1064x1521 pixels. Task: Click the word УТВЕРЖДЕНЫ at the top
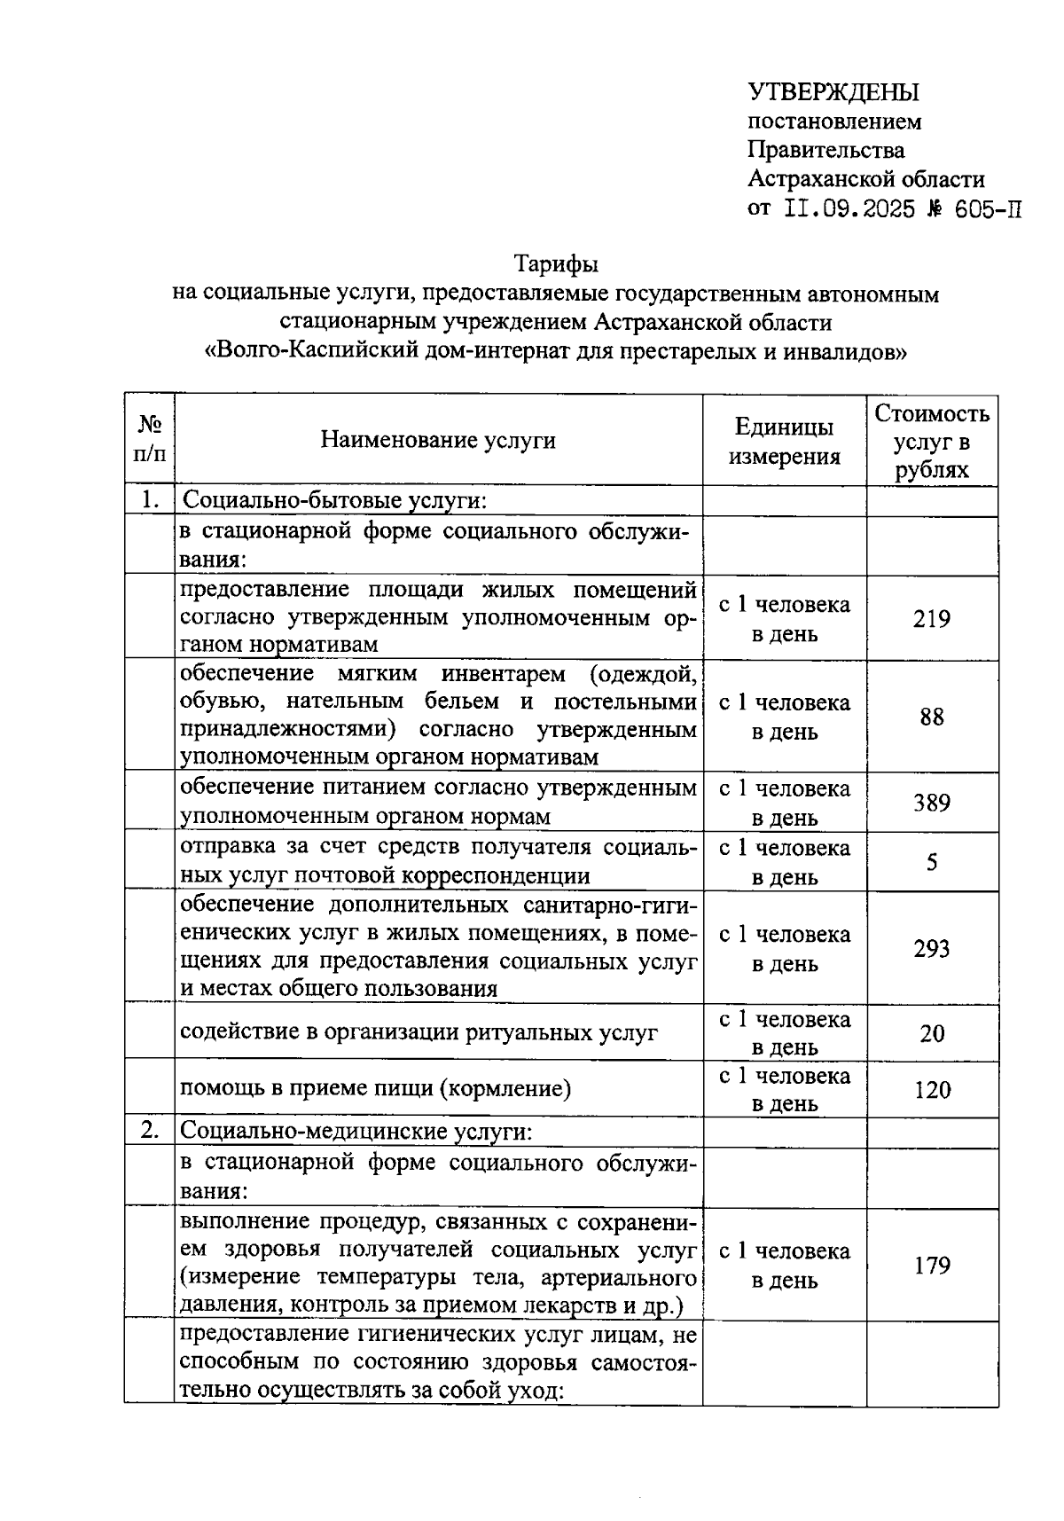(833, 92)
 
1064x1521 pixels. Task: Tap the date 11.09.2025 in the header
(849, 209)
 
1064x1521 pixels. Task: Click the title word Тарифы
(556, 264)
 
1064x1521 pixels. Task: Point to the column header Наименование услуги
(438, 440)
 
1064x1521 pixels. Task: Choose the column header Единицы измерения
(784, 441)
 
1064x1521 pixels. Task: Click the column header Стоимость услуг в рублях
(932, 441)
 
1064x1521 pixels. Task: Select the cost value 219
(932, 618)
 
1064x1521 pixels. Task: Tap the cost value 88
(932, 717)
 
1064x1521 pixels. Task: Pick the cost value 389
(932, 803)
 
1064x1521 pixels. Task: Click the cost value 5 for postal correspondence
(932, 861)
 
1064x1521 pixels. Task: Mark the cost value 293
(932, 948)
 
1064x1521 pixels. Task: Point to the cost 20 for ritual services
(932, 1033)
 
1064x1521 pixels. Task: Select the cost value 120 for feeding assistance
(932, 1089)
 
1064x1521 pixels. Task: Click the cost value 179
(932, 1265)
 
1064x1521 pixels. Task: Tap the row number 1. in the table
(149, 500)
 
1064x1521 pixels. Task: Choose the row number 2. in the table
(149, 1131)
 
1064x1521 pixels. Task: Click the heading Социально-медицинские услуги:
(356, 1132)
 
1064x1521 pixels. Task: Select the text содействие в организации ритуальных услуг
(419, 1032)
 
